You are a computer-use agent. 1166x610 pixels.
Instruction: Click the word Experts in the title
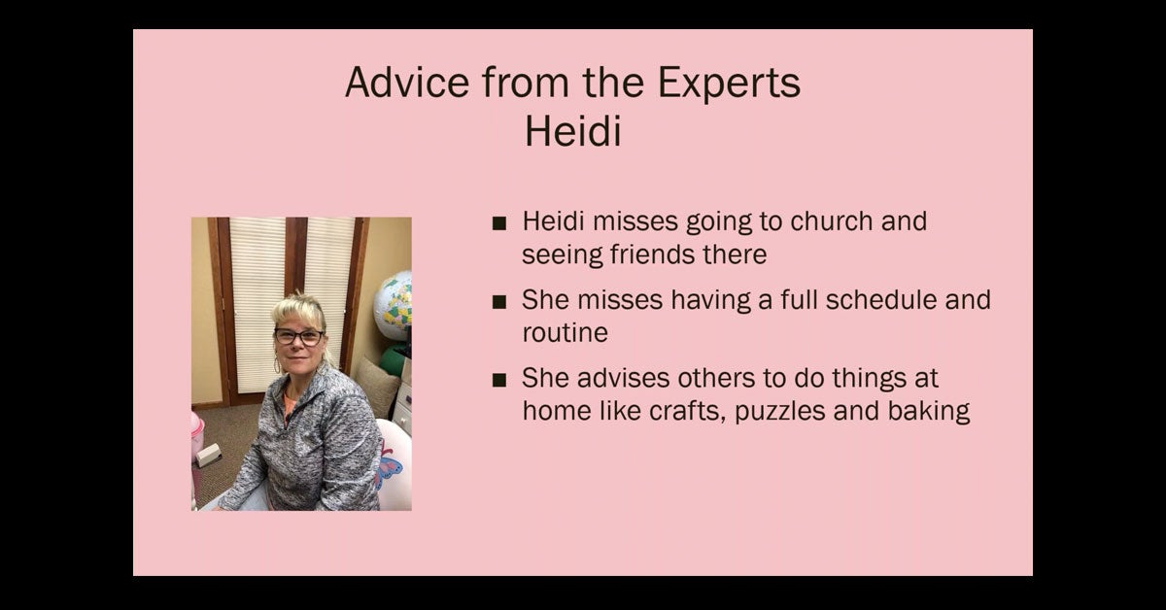(729, 84)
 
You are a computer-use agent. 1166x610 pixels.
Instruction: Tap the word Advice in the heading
(407, 82)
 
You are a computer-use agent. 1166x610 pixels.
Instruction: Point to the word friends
(652, 254)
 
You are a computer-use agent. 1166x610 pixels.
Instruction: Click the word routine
(565, 332)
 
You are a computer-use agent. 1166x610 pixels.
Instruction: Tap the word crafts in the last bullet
(687, 411)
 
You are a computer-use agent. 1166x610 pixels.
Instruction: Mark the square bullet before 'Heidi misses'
(499, 223)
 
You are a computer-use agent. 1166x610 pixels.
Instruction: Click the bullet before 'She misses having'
(499, 302)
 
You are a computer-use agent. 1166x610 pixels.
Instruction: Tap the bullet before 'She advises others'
(499, 380)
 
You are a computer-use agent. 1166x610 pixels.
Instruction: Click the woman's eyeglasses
(299, 337)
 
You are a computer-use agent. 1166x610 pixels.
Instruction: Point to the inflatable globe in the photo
(394, 306)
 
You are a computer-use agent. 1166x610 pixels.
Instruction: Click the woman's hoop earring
(277, 365)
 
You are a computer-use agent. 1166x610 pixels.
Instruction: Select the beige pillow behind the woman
(376, 387)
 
